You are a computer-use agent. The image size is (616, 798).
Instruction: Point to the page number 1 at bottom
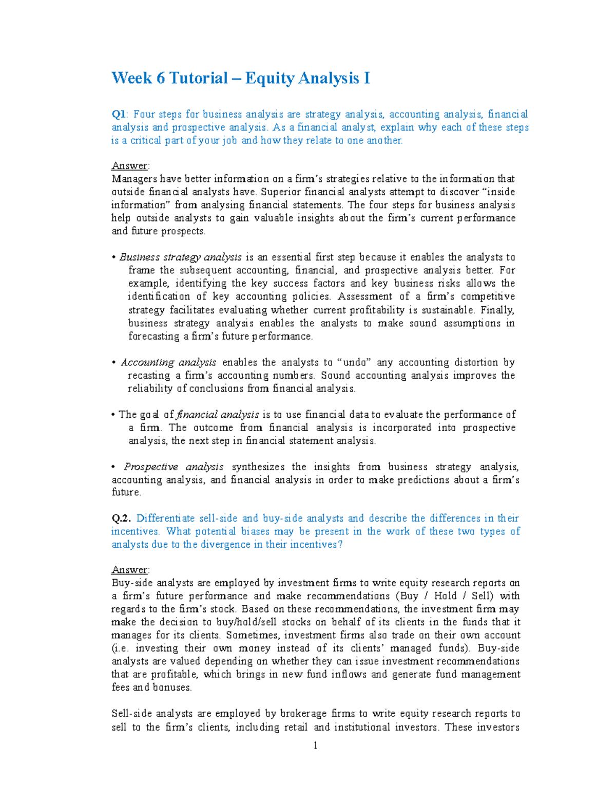(x=315, y=746)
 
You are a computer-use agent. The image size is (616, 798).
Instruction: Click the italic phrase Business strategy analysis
(x=180, y=257)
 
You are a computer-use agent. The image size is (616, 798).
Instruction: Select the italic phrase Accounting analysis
(x=168, y=362)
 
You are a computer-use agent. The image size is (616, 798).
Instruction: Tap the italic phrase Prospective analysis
(x=174, y=467)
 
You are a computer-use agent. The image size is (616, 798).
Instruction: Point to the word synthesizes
(x=258, y=467)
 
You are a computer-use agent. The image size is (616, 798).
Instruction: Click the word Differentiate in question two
(x=166, y=518)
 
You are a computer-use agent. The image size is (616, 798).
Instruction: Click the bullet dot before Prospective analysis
(x=113, y=467)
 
